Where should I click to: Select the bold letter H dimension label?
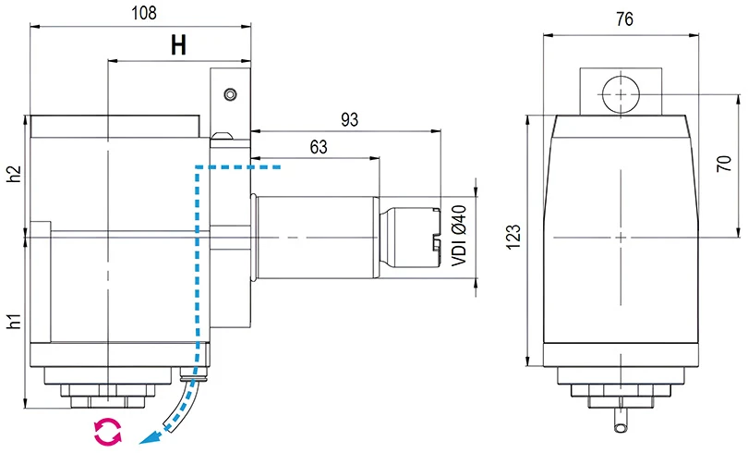click(x=179, y=46)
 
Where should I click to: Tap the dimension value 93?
click(x=350, y=119)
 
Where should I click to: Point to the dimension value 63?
click(x=319, y=147)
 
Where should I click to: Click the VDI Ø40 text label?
click(x=458, y=236)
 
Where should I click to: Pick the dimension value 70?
click(x=725, y=165)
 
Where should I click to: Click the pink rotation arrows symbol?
click(x=108, y=430)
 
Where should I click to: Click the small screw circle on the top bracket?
click(x=230, y=93)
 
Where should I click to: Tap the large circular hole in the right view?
click(x=621, y=93)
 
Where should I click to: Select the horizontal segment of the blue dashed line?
click(x=240, y=168)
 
